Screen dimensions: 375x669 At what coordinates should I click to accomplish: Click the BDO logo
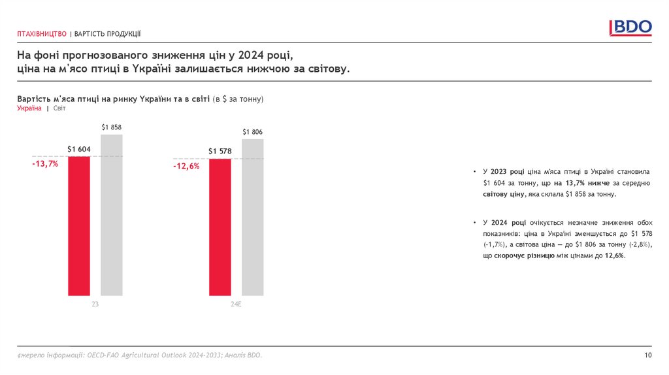click(x=630, y=27)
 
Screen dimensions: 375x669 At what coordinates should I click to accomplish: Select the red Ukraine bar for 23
click(x=79, y=225)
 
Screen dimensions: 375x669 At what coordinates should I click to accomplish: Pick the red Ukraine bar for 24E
click(x=220, y=227)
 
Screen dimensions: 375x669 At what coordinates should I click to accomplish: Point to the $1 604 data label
click(x=79, y=150)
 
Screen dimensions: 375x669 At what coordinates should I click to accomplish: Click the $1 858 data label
click(x=112, y=127)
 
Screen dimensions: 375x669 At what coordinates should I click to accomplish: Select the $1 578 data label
click(x=220, y=152)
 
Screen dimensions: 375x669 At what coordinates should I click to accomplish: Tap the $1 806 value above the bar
click(x=252, y=132)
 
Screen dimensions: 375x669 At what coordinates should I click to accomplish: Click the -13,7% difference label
click(x=45, y=164)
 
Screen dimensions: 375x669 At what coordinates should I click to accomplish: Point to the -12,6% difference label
click(x=186, y=166)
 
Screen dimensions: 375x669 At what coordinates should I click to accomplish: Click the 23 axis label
click(x=95, y=304)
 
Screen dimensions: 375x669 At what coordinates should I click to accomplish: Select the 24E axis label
click(x=236, y=304)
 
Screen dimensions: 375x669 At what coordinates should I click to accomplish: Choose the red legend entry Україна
click(x=29, y=108)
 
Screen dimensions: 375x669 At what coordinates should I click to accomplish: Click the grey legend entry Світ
click(x=59, y=108)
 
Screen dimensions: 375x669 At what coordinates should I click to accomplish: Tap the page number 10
click(x=647, y=355)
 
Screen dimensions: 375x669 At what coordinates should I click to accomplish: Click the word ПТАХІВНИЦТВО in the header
click(x=42, y=34)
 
